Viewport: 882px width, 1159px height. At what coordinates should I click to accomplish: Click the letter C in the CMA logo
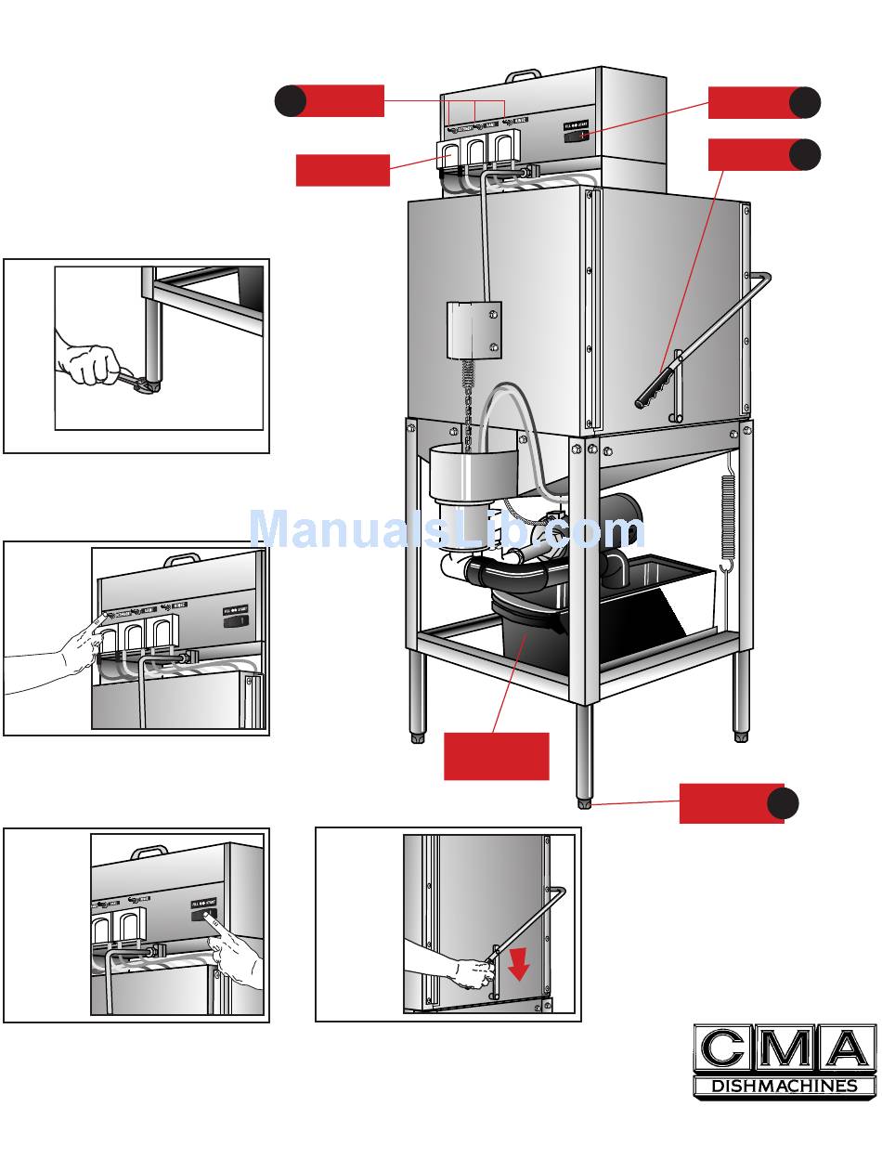pyautogui.click(x=722, y=1050)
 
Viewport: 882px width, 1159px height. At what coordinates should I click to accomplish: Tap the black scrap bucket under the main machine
pyautogui.click(x=525, y=641)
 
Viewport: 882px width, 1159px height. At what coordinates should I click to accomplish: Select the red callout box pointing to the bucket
pyautogui.click(x=496, y=756)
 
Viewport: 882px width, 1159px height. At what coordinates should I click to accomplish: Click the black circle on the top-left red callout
pyautogui.click(x=291, y=100)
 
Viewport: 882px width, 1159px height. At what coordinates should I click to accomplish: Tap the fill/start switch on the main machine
pyautogui.click(x=576, y=136)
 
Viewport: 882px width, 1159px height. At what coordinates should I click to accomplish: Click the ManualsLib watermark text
pyautogui.click(x=446, y=530)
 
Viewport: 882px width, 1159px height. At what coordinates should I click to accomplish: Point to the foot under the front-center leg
pyautogui.click(x=584, y=801)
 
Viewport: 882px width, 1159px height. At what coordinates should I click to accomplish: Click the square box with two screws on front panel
pyautogui.click(x=473, y=330)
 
